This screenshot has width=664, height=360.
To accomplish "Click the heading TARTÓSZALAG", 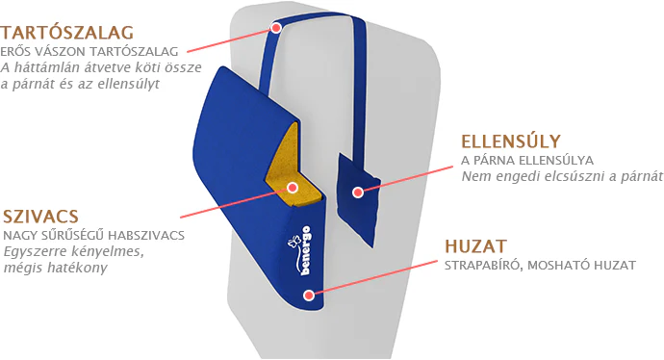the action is coord(67,33).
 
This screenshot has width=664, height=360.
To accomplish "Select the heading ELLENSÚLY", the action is coord(511,141).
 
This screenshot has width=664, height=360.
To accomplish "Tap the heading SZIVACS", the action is coord(41,217).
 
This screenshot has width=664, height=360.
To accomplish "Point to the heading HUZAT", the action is coord(475,246).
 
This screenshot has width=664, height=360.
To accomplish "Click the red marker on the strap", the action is coord(276,28).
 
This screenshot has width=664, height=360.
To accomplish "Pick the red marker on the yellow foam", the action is coord(293,187).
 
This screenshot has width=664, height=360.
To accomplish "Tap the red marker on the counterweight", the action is coord(358,193).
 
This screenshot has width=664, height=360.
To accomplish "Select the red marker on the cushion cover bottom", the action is coord(309,295).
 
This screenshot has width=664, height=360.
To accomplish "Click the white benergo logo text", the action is coord(306,250).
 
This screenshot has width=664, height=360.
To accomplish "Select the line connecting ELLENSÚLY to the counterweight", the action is coord(406,180).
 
